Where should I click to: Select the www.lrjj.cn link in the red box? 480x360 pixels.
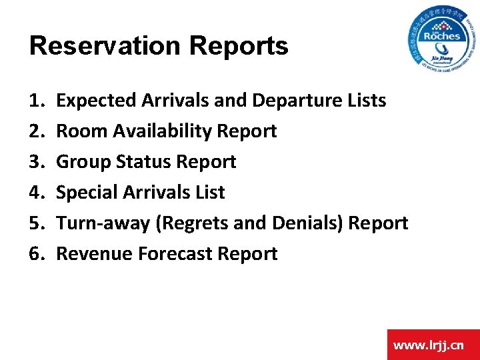point(429,345)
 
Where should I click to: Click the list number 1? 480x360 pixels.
point(36,101)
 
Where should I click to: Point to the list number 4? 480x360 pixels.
point(36,193)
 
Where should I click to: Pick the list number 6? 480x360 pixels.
point(36,254)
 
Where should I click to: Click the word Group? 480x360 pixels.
point(81,162)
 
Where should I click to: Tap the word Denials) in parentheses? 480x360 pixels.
point(306,223)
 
